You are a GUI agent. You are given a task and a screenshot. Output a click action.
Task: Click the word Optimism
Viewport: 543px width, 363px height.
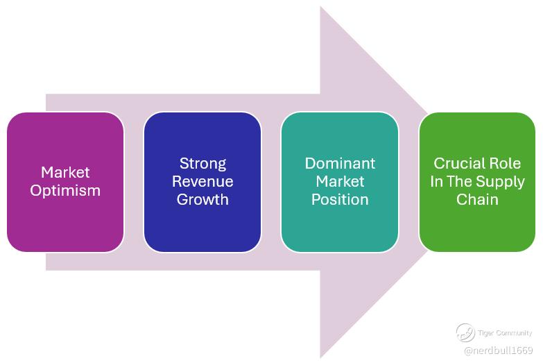point(65,190)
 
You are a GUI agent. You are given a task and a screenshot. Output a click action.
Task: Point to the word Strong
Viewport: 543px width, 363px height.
point(202,164)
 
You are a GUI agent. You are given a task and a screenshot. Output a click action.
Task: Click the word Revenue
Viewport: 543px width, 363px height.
point(202,182)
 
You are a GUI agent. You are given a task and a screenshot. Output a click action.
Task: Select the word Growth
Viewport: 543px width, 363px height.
point(202,200)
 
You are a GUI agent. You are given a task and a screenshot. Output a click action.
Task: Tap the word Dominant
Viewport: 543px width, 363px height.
point(340,164)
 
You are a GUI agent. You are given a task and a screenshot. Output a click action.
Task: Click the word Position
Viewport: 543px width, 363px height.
point(340,200)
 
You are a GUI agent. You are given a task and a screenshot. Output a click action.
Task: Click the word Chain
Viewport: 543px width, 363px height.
point(477,200)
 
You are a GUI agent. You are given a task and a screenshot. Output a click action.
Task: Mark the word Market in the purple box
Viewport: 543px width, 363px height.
point(65,172)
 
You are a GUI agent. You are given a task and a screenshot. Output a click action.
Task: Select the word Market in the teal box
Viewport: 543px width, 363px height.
point(340,182)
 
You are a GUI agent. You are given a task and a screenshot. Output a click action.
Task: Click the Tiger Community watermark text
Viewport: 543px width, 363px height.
point(505,333)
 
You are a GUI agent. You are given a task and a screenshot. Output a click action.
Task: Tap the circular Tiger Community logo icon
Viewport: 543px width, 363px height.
point(465,332)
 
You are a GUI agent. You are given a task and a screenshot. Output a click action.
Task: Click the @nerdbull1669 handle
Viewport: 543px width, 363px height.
point(498,351)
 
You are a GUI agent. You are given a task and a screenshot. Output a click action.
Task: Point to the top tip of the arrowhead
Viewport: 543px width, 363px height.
point(321,8)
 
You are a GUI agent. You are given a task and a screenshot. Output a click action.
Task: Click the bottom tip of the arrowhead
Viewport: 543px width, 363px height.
point(321,357)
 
